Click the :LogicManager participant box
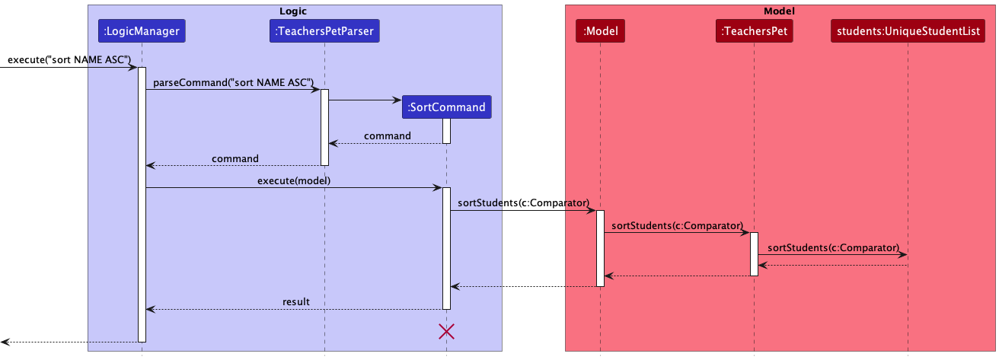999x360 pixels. coord(142,31)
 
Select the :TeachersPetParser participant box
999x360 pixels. coord(324,31)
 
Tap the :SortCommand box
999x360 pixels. coord(446,107)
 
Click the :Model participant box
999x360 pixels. coord(600,31)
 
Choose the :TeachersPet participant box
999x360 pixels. coord(754,31)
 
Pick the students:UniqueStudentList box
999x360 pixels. coord(908,31)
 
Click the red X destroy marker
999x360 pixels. coord(446,331)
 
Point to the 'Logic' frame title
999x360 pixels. coord(295,11)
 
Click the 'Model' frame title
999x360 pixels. coord(779,11)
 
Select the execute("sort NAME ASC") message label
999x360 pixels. coord(69,59)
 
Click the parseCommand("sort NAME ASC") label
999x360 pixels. coord(234,82)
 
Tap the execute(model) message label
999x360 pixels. coord(293,180)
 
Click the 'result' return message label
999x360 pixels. coord(296,301)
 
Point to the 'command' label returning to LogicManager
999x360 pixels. coord(235,158)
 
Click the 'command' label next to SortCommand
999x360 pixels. coord(387,135)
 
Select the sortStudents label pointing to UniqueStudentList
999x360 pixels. coord(833,248)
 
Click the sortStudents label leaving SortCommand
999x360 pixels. coord(523,203)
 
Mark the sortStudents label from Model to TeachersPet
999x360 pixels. coord(677,225)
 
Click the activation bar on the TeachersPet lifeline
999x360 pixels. coord(754,254)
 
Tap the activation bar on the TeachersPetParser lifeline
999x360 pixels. coord(324,127)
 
